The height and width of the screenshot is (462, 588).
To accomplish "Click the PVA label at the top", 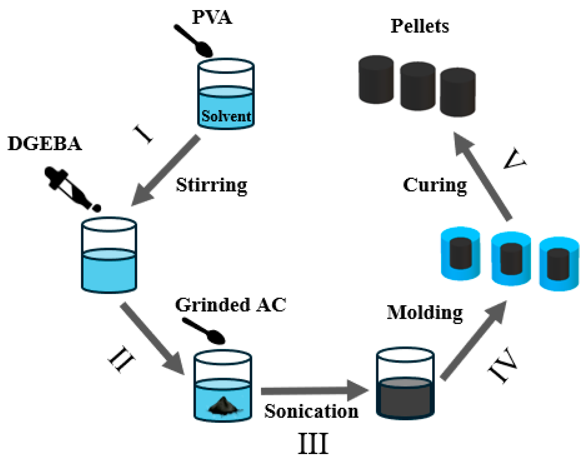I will (212, 17).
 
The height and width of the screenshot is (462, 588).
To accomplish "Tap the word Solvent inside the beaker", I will (226, 116).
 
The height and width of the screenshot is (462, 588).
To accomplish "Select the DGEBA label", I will (44, 144).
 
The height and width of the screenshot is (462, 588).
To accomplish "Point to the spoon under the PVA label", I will (194, 41).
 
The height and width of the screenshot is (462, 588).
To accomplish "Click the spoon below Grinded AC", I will (204, 331).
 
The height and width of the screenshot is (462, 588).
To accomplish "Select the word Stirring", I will (212, 185).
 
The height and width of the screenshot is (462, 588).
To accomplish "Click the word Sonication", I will (311, 411).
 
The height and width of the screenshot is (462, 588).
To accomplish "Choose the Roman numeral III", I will (313, 444).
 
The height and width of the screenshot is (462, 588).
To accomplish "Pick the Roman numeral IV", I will (503, 365).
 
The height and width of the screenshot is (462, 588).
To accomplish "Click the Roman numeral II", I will (121, 359).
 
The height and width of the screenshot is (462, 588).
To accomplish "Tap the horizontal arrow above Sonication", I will (313, 390).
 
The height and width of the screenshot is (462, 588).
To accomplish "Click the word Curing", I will (434, 185).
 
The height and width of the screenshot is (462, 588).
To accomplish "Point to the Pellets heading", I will (420, 26).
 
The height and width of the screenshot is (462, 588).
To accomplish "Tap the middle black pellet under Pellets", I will (417, 86).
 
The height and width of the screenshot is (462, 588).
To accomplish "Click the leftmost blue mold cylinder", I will (460, 253).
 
